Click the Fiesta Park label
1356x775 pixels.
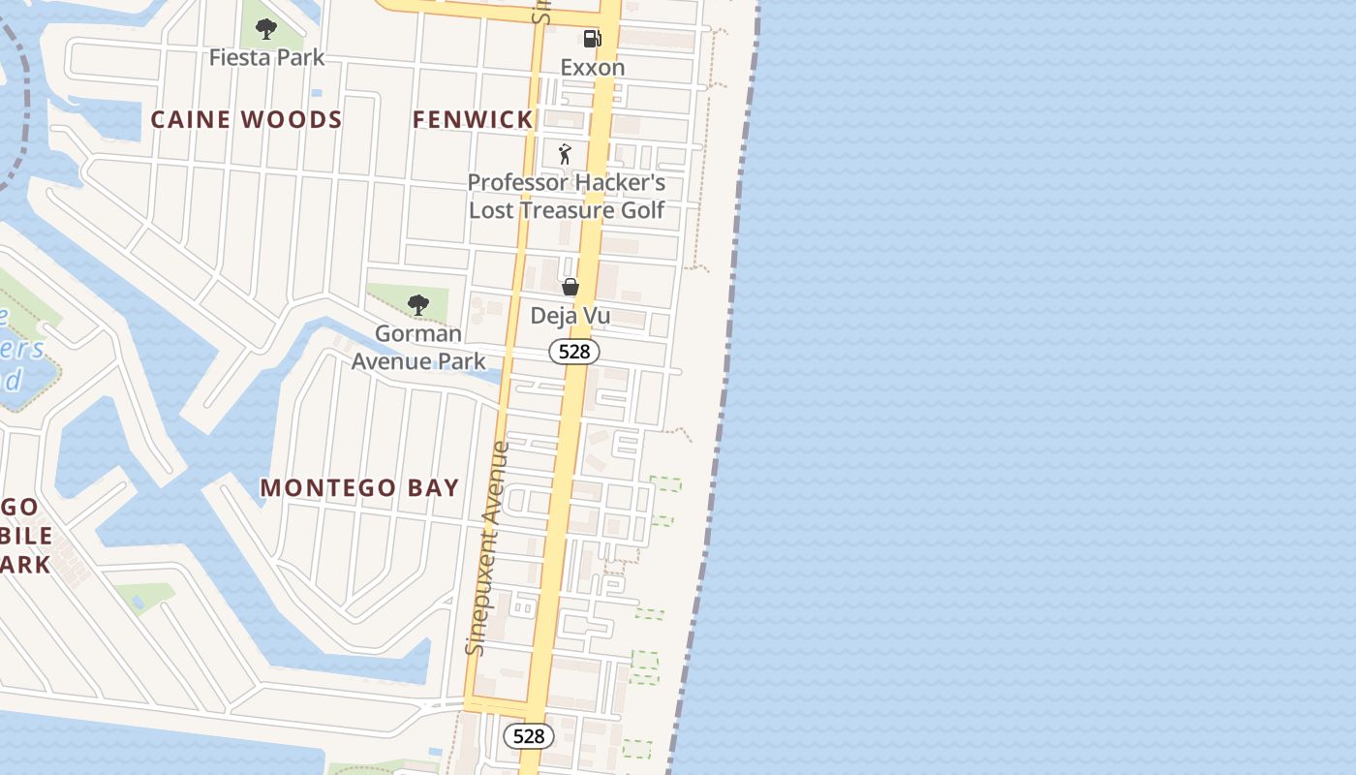tap(266, 57)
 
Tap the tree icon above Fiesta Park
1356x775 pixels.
tap(266, 28)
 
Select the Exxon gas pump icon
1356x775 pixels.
tap(592, 39)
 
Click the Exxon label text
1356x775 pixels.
tap(592, 68)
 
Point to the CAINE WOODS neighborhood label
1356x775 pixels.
tap(246, 120)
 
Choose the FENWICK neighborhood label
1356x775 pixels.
tap(473, 120)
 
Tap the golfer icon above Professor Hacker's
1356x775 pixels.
tap(566, 154)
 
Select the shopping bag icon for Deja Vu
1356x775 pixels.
tap(570, 287)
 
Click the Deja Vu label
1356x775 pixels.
tap(570, 316)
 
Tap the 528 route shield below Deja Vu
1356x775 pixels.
tap(574, 352)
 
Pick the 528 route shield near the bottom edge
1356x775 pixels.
tap(529, 736)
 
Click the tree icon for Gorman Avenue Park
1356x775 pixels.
tap(417, 306)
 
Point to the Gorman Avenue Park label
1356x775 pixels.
tap(418, 348)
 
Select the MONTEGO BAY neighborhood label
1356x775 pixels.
tap(359, 488)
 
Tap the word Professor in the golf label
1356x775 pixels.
tap(513, 182)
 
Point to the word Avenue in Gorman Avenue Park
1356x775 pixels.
tap(392, 361)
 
